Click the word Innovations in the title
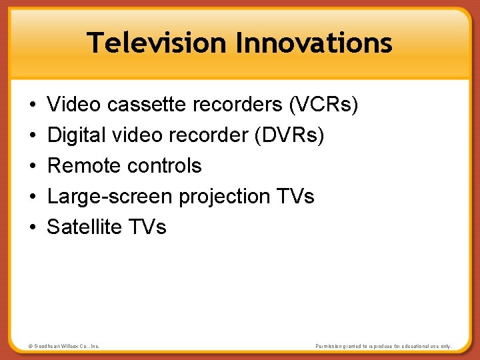[314, 43]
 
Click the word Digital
[77, 135]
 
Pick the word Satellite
[83, 227]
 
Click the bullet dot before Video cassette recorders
[33, 105]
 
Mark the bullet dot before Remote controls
[33, 166]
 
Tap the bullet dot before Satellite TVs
[33, 227]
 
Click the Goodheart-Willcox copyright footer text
[65, 347]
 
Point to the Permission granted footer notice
[383, 347]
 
